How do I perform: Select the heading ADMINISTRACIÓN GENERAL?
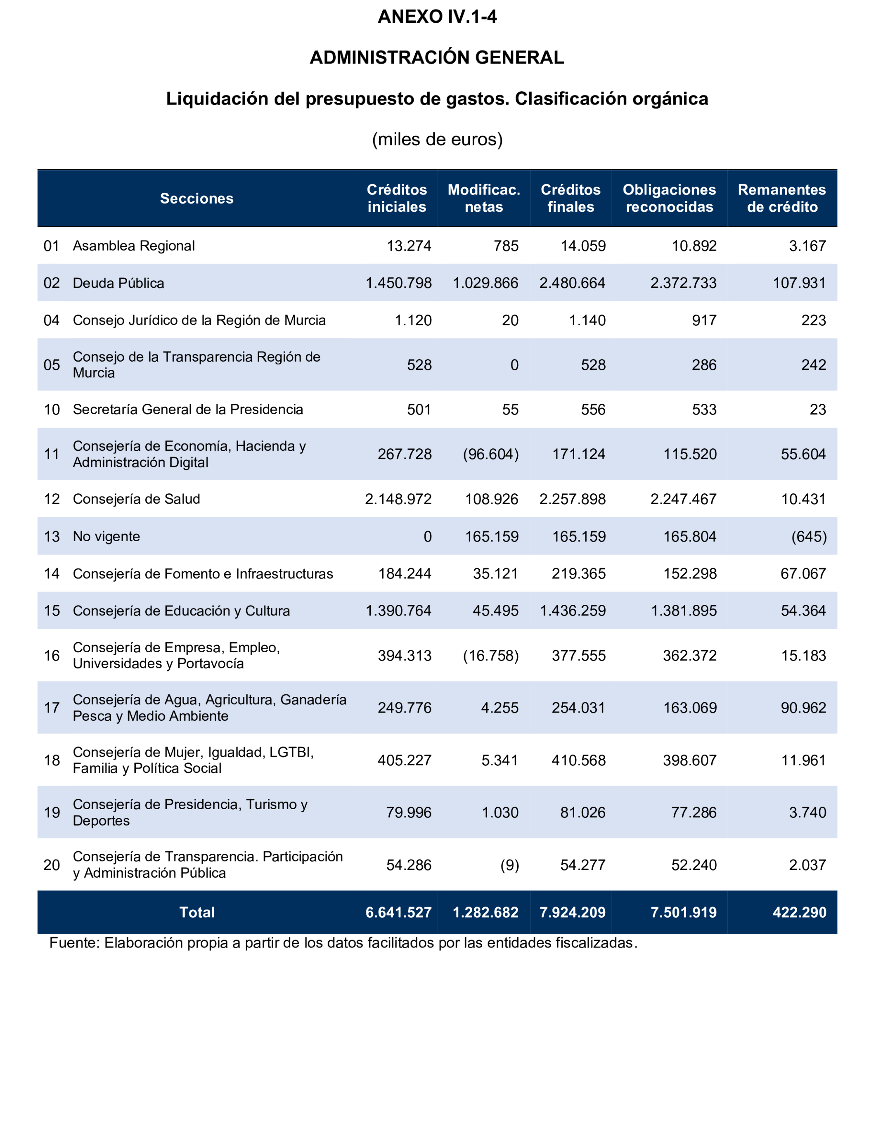point(437,57)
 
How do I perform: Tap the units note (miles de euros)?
point(437,139)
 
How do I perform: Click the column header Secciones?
point(197,199)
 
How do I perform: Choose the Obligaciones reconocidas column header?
point(669,199)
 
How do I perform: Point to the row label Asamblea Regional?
point(133,246)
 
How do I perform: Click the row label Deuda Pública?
point(118,283)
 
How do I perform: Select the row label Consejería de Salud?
point(136,499)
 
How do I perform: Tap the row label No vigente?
point(107,537)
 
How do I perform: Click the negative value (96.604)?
point(491,454)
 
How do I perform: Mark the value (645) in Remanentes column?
point(809,537)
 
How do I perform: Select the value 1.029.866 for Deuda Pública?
point(485,283)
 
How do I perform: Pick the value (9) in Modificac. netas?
point(509,866)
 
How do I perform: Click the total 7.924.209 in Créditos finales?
point(573,912)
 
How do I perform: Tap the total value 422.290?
point(799,912)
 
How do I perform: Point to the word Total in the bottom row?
point(197,912)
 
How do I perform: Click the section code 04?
point(52,320)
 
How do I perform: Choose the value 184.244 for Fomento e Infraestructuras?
point(405,573)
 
